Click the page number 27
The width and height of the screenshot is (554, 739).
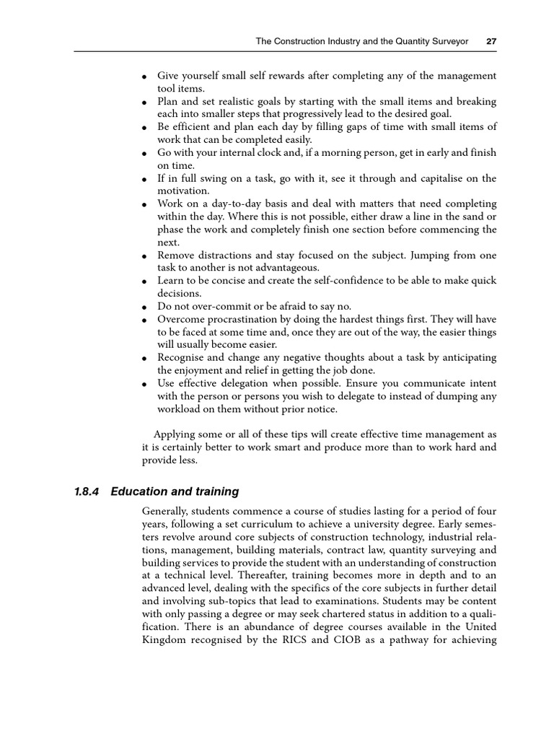coord(491,41)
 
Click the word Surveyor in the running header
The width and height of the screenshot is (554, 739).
coord(449,41)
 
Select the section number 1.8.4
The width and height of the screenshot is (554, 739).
coord(88,491)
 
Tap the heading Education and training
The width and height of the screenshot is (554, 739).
coord(175,491)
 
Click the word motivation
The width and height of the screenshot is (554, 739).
coord(183,191)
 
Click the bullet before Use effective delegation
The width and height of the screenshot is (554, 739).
coord(144,384)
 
